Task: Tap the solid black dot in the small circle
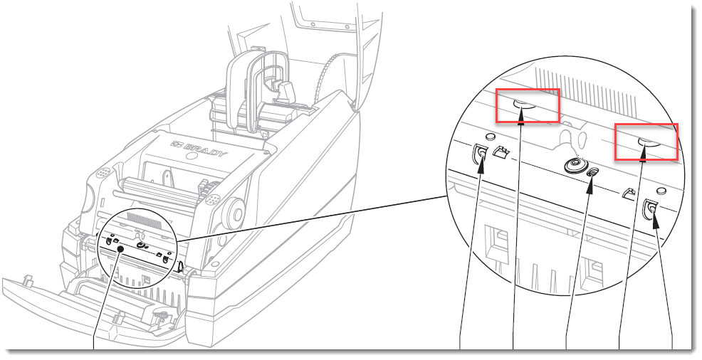click(120, 248)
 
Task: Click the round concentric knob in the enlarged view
click(575, 165)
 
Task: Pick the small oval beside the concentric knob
click(594, 171)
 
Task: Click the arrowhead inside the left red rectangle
click(521, 115)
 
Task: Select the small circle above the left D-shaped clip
click(490, 134)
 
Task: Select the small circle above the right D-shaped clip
click(661, 190)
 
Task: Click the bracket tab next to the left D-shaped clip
click(501, 152)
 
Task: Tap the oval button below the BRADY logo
click(192, 156)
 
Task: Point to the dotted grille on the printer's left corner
click(103, 172)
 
